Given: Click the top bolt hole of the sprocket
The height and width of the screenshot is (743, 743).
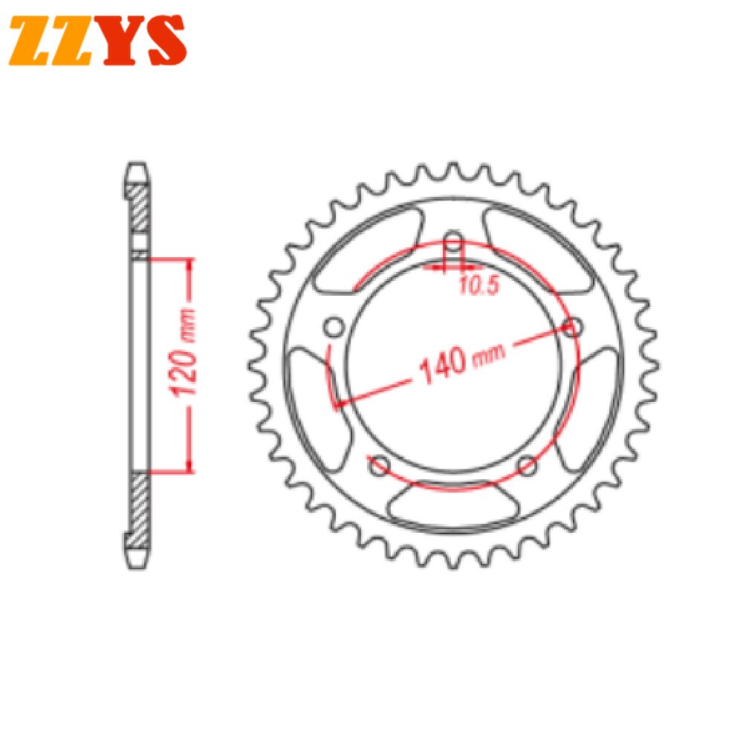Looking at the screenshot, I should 453,241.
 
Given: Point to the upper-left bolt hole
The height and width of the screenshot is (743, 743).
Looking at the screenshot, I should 334,326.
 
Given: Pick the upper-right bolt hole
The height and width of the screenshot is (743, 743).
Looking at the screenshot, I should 573,326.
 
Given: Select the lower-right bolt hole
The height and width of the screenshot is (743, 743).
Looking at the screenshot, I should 527,466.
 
